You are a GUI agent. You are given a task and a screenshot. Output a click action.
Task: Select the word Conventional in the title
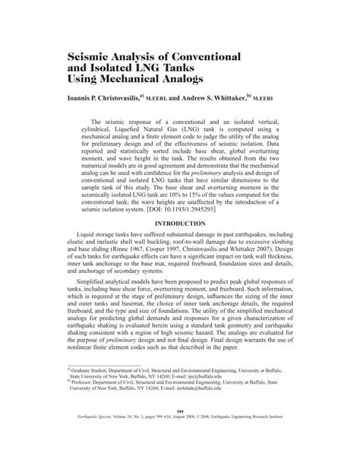click(198, 57)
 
